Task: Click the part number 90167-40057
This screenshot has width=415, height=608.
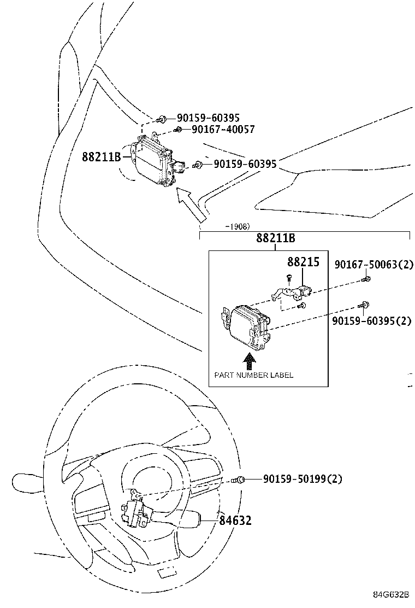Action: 223,130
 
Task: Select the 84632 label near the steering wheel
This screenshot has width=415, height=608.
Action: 235,521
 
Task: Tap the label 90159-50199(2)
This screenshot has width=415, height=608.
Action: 303,479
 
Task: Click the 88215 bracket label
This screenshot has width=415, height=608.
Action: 303,262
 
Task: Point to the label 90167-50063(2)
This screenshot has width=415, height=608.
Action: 374,266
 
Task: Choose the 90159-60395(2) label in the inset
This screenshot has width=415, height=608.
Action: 371,321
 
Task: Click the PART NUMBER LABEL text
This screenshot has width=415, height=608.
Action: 253,375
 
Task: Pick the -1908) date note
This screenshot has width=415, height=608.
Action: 237,226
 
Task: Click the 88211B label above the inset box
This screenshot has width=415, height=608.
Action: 276,238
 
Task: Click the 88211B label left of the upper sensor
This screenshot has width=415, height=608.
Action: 101,157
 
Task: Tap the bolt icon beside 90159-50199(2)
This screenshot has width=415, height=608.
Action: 238,480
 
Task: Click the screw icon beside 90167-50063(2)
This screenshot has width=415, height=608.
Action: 366,279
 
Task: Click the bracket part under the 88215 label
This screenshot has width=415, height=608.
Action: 292,292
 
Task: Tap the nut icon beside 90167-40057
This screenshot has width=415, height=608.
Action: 178,130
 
